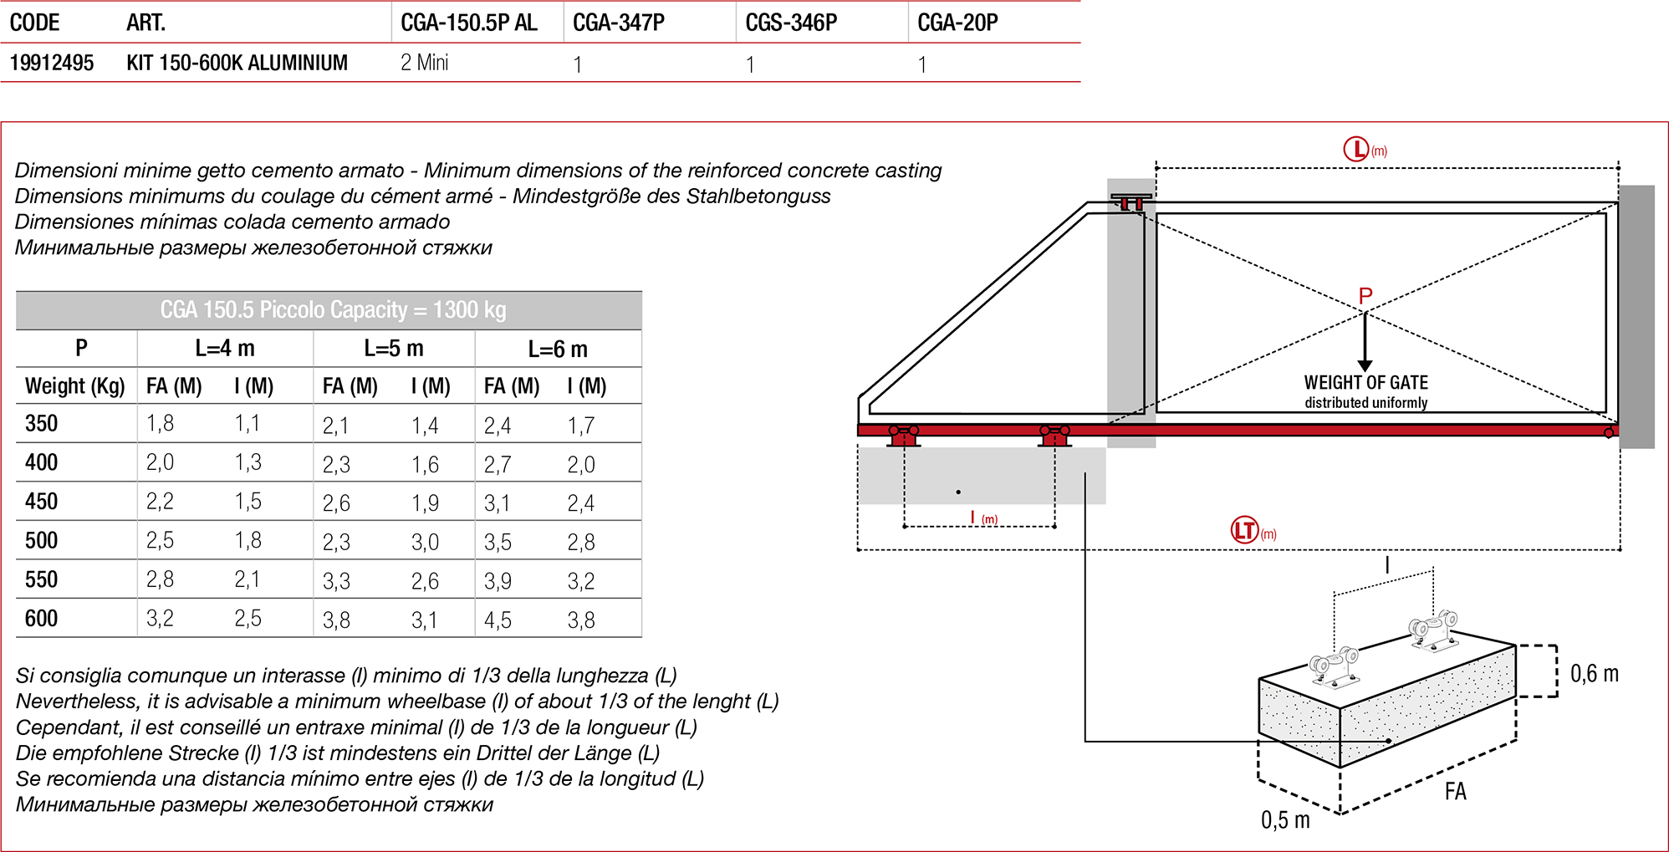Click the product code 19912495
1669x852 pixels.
[x=52, y=63]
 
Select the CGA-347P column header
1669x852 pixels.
[x=618, y=23]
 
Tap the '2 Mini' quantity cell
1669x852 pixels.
[x=424, y=63]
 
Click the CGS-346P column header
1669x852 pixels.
[x=790, y=23]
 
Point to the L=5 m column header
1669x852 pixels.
[x=393, y=348]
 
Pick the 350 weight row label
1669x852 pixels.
[x=41, y=423]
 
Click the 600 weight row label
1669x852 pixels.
[x=41, y=619]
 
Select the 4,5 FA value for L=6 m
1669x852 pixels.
[x=498, y=620]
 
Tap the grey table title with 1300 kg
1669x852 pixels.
[x=332, y=310]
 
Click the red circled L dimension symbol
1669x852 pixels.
[x=1355, y=150]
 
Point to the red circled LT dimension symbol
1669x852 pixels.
[x=1244, y=530]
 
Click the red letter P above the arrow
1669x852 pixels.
[x=1365, y=296]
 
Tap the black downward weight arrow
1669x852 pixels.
[x=1365, y=343]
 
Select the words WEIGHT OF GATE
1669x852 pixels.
[x=1365, y=382]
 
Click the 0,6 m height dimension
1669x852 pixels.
[x=1594, y=674]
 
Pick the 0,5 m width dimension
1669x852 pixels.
[x=1285, y=820]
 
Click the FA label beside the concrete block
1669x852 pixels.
[x=1455, y=791]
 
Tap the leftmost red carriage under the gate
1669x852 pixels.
[x=903, y=436]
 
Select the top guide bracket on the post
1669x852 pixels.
[x=1131, y=202]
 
